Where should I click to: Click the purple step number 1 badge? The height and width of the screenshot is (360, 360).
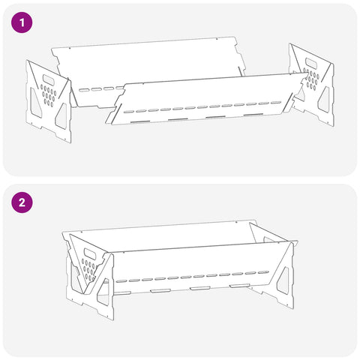pos(22,22)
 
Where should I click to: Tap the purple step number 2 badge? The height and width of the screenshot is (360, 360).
pos(22,202)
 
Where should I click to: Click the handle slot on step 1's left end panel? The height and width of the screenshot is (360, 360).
pos(50,79)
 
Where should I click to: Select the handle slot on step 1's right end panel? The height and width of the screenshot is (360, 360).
pos(311,63)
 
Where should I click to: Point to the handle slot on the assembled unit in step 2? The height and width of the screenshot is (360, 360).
pos(91,254)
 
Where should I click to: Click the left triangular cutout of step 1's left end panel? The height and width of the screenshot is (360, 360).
pos(34,103)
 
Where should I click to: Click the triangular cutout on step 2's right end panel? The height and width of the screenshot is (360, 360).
pos(283,280)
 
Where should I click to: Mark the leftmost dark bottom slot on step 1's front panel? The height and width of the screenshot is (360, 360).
pos(140,122)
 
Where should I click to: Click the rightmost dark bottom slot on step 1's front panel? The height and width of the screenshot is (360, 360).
pos(253,115)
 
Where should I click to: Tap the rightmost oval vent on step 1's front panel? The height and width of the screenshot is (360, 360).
pos(276,103)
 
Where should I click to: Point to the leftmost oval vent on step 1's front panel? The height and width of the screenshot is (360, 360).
pos(129,112)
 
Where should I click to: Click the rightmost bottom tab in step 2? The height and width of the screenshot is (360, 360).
pos(240,285)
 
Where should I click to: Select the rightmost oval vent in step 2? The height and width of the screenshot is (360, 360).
pos(263,272)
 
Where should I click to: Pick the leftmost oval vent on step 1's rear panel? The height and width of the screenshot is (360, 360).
pos(84,90)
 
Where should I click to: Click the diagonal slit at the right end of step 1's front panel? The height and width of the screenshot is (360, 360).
pos(288,103)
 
